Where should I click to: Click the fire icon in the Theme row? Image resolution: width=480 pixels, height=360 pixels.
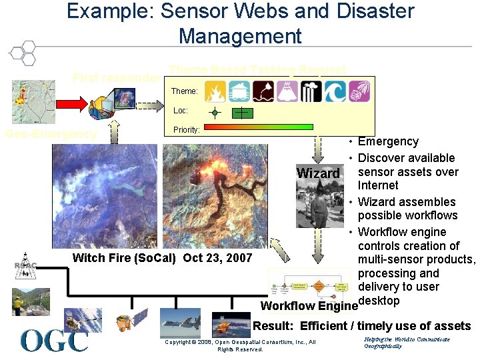(215, 91)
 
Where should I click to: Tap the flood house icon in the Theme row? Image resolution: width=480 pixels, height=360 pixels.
(239, 91)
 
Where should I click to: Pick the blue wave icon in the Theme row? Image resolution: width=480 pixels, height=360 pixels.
(335, 91)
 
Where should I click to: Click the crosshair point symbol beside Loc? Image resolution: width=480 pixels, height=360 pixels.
(215, 112)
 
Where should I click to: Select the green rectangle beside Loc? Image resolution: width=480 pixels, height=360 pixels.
(243, 113)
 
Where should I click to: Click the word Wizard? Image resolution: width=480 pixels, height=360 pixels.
(318, 173)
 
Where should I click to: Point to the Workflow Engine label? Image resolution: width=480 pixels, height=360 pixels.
(309, 306)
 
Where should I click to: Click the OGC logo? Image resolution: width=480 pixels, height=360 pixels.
(54, 341)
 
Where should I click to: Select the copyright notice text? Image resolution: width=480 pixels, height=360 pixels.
(240, 345)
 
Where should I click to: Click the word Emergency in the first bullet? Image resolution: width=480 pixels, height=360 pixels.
(388, 141)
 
